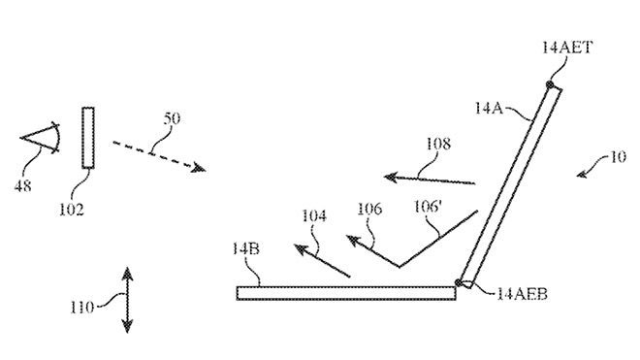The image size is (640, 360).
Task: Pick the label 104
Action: pyautogui.click(x=313, y=216)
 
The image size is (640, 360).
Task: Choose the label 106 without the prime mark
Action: pyautogui.click(x=368, y=209)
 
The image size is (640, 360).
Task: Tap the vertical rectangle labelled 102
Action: pyautogui.click(x=88, y=137)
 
